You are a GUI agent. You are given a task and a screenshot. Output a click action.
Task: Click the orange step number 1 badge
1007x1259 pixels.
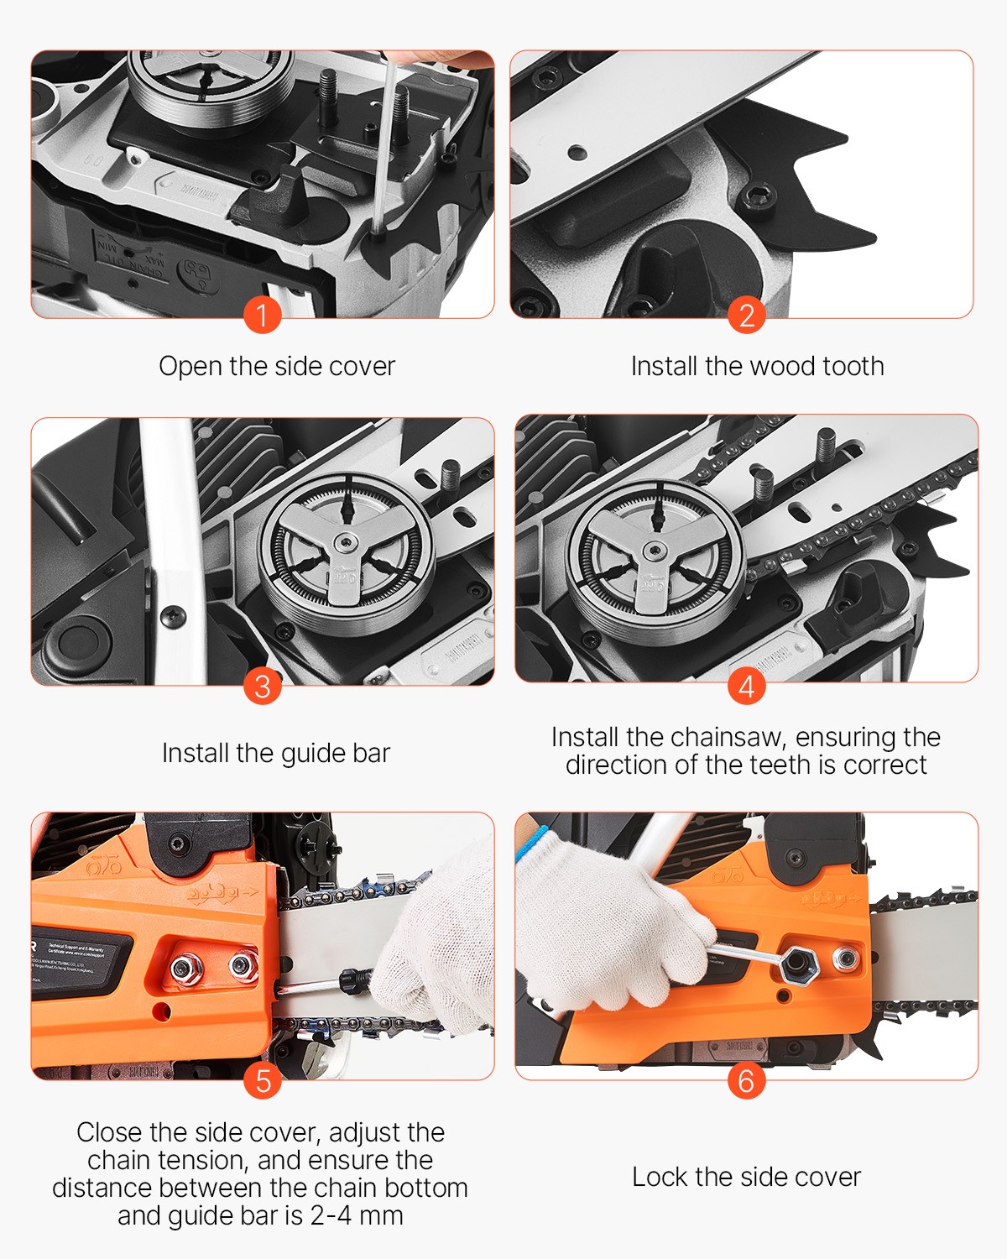(x=262, y=316)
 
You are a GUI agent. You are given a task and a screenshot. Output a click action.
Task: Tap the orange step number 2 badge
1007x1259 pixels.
(x=746, y=316)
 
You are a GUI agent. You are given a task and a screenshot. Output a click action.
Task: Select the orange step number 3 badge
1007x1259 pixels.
(x=262, y=686)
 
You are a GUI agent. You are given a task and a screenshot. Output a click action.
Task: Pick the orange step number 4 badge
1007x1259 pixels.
(x=746, y=686)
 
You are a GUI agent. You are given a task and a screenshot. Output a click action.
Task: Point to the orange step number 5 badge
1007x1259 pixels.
(x=262, y=1080)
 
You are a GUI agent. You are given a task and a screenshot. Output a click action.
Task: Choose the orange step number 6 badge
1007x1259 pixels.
(x=746, y=1080)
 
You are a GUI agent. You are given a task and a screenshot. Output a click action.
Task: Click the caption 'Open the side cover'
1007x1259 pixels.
(x=277, y=366)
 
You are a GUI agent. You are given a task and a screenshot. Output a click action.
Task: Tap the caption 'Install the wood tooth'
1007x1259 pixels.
(x=757, y=366)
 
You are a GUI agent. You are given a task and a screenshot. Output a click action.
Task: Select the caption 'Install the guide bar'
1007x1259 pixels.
(x=276, y=753)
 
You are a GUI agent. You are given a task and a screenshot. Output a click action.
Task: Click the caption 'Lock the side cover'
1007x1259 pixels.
(x=746, y=1177)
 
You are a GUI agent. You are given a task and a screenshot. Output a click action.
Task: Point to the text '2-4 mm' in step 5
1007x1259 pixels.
(x=357, y=1215)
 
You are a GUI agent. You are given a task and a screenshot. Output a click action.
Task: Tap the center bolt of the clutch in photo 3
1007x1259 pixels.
(x=345, y=546)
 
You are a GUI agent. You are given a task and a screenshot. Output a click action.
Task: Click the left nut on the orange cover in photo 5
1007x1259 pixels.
(x=185, y=969)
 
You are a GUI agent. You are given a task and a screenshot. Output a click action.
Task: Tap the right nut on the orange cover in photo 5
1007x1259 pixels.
(x=243, y=966)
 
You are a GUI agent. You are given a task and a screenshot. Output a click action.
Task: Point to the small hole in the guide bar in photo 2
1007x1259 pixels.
(x=577, y=153)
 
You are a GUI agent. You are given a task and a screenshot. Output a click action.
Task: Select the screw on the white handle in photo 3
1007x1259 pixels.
(x=175, y=615)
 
